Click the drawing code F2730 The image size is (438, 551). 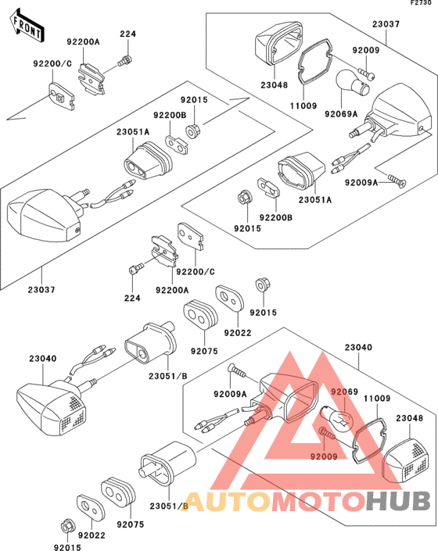click(x=421, y=3)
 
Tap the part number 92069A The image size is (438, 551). click(x=341, y=114)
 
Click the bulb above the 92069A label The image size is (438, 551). click(x=353, y=84)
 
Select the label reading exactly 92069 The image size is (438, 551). click(x=345, y=392)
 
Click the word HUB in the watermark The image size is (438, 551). click(x=397, y=501)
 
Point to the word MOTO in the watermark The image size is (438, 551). click(x=318, y=501)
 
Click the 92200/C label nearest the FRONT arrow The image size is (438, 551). click(x=52, y=63)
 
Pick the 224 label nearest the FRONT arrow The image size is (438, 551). click(x=127, y=34)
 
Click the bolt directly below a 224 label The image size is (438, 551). click(x=125, y=61)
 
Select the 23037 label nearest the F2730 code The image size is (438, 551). click(x=386, y=24)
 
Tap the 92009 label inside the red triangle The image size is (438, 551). click(x=324, y=456)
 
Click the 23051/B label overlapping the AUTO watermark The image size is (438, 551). click(x=169, y=506)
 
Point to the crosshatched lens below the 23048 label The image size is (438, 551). click(x=406, y=462)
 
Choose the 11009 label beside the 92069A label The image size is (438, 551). click(x=303, y=106)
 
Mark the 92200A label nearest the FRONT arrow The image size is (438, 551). click(x=84, y=42)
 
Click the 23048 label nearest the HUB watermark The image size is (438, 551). click(x=410, y=418)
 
